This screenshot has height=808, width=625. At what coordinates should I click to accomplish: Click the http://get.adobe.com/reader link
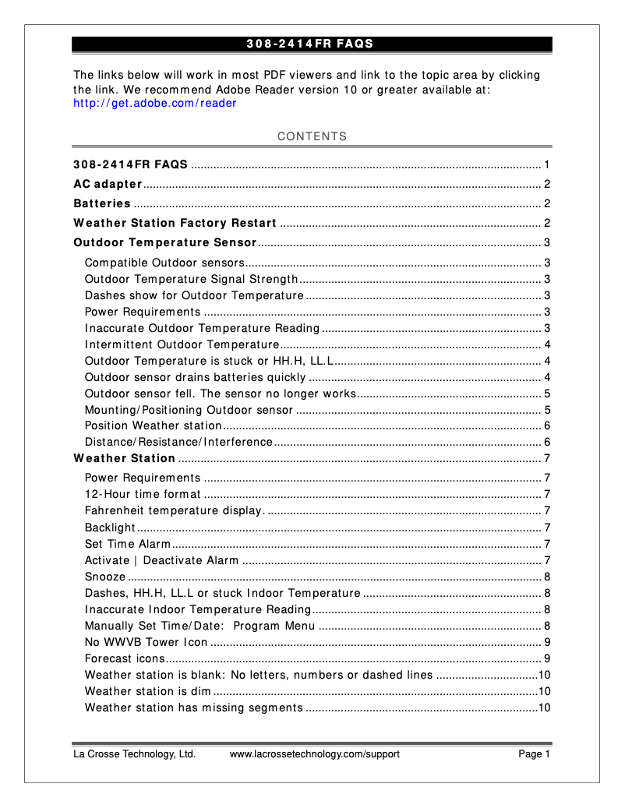pos(154,103)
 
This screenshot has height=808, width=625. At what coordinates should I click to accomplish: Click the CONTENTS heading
pos(312,136)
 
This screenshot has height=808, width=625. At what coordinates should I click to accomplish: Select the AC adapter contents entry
pos(108,184)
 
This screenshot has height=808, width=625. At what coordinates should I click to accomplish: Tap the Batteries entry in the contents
pos(102,203)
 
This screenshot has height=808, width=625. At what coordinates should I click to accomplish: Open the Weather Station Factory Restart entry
pos(175,223)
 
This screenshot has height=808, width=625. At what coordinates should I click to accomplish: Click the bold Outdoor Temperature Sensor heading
pos(165,242)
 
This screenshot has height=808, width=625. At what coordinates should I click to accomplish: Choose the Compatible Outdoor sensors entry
pos(164,263)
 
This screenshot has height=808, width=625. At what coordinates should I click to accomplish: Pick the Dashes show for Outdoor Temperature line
pos(194,295)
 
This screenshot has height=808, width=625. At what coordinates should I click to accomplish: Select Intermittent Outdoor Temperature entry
pos(182,344)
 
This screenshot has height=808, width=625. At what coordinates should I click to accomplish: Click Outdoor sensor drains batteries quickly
pos(195,377)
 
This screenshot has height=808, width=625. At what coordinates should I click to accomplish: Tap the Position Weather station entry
pos(154,425)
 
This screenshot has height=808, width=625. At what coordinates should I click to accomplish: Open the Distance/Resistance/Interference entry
pos(178,442)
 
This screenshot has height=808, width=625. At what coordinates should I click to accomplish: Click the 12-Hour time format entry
pos(143,494)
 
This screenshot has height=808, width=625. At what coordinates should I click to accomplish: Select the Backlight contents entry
pos(110,527)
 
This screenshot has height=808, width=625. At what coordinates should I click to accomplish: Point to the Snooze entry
pos(105,577)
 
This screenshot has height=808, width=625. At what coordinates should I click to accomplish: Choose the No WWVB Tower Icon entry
pos(146,642)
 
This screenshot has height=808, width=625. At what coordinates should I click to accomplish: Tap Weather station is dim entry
pos(147,691)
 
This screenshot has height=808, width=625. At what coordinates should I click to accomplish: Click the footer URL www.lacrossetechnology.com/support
pos(314,754)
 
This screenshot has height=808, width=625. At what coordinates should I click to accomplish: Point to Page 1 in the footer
pos(535,754)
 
